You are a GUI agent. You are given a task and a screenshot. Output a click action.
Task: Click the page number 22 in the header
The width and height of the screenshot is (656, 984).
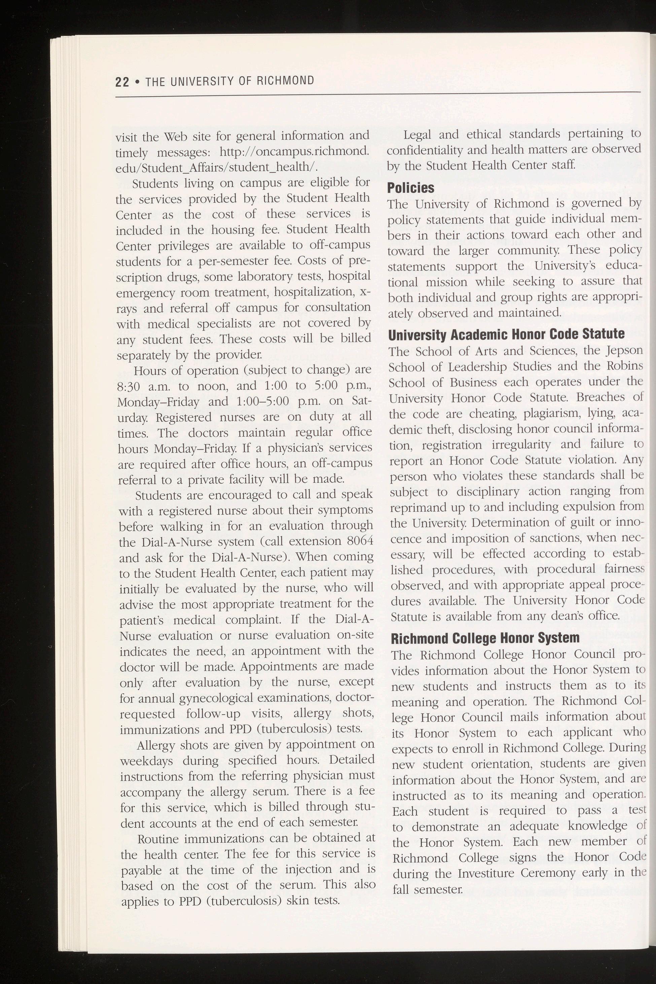(x=122, y=81)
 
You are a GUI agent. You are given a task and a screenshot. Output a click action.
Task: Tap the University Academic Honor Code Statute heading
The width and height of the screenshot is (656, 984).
(x=506, y=334)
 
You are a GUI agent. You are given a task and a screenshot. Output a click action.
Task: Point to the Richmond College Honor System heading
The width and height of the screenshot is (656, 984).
(x=485, y=638)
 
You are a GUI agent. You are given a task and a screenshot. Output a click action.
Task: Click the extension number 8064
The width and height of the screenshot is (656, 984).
(x=360, y=541)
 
